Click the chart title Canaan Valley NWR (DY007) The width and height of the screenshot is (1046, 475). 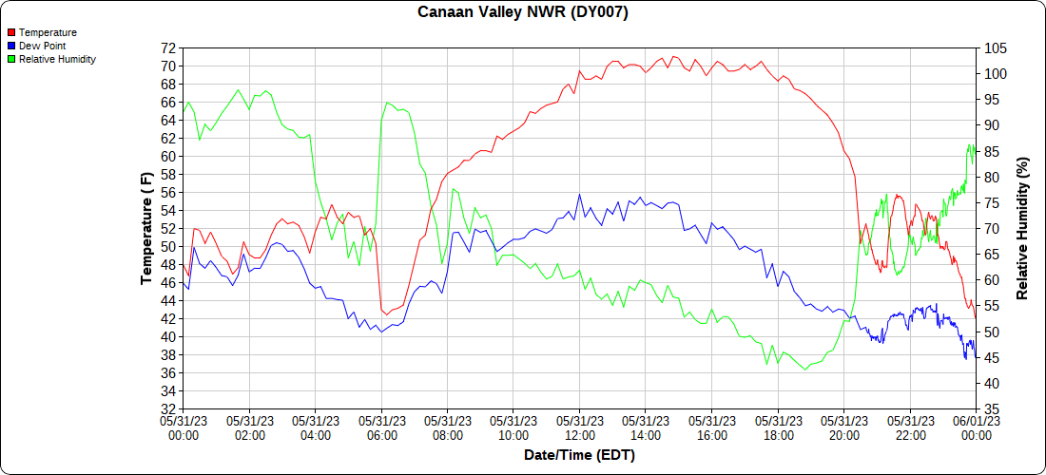[x=523, y=12]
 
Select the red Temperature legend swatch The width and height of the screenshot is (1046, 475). [x=11, y=32]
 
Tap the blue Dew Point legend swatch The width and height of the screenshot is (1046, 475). [x=11, y=46]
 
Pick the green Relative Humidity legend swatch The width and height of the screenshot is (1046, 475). [x=11, y=59]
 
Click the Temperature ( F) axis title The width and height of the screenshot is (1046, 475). [x=146, y=228]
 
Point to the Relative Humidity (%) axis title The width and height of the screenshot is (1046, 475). [x=1023, y=228]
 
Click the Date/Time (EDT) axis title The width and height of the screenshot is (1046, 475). [x=579, y=455]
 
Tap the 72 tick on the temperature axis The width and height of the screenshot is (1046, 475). [x=168, y=48]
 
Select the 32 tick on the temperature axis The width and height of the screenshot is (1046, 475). [x=168, y=409]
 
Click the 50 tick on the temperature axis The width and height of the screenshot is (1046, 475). [x=168, y=247]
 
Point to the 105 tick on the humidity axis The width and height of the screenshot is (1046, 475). [x=996, y=48]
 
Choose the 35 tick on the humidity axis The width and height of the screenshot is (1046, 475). [x=992, y=409]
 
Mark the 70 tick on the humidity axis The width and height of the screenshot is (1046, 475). [x=992, y=229]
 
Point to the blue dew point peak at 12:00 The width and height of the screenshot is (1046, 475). [x=579, y=195]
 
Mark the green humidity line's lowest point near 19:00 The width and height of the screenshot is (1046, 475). [x=804, y=369]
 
